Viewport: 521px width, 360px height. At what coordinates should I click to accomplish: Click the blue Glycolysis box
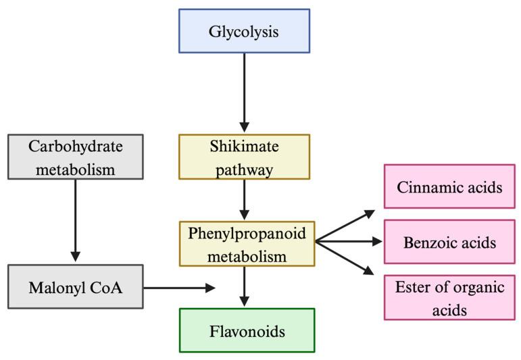(244, 31)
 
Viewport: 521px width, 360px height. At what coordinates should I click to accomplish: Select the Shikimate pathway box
(244, 157)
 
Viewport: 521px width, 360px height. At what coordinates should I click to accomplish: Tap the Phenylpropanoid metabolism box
(247, 243)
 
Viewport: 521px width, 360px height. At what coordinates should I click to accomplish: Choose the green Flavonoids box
(247, 331)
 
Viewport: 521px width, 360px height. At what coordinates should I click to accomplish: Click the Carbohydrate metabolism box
(75, 157)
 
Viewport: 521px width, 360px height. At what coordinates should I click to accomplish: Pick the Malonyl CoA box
(75, 287)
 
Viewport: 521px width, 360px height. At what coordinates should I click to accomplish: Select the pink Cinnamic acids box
(449, 186)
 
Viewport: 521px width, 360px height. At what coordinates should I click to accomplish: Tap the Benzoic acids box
(449, 242)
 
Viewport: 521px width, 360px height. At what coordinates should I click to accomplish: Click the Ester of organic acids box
(449, 297)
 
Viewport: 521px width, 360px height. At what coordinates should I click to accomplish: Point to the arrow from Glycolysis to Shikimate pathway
(244, 91)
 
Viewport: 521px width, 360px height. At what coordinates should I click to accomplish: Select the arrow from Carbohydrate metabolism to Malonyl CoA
(75, 220)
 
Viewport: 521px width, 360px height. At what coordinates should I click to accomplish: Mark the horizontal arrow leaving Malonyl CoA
(179, 288)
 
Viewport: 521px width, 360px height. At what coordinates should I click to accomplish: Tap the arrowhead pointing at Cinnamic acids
(369, 213)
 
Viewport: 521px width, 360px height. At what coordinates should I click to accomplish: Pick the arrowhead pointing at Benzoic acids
(376, 241)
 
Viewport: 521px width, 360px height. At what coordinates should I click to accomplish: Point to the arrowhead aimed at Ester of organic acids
(369, 271)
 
